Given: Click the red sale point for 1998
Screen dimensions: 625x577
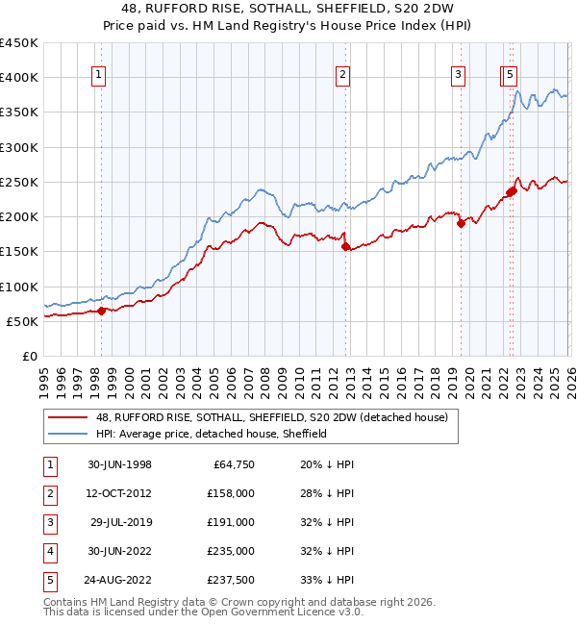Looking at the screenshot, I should pos(102,311).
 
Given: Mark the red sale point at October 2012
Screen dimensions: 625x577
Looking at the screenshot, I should pos(345,246).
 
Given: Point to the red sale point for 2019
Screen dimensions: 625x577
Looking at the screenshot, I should pos(461,223).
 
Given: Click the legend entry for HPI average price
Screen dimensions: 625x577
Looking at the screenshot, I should pos(212,434).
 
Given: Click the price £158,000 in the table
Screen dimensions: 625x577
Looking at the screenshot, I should pos(231,494).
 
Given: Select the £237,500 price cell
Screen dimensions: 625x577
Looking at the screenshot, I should pos(231,579).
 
